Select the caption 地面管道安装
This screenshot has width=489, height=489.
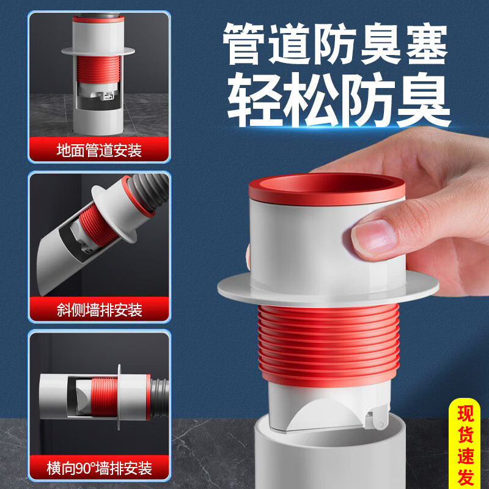click(x=98, y=150)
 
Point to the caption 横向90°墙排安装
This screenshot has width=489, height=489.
click(x=98, y=469)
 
